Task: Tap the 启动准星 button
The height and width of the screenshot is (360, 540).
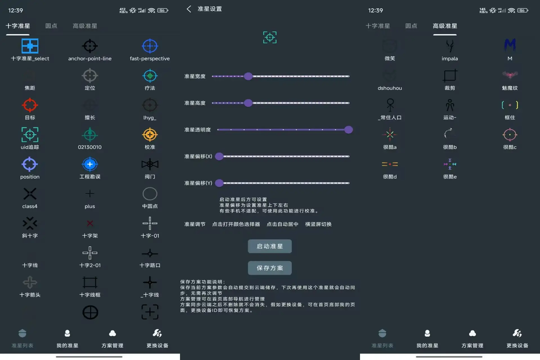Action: point(270,246)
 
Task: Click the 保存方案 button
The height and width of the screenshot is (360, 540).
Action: point(270,268)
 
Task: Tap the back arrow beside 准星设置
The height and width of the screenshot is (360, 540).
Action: point(189,9)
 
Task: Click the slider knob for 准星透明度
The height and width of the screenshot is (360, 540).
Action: point(348,130)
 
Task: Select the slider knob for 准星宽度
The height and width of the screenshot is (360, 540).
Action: point(248,76)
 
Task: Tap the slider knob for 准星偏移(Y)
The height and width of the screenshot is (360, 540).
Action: point(219,183)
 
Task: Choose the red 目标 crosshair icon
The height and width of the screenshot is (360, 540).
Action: point(30,105)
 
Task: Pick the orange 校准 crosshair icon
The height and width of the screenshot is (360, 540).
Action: point(150,135)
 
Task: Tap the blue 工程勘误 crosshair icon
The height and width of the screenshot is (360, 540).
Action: point(90,164)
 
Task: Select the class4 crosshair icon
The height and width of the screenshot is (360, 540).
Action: point(30,194)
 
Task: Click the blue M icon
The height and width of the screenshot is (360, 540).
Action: point(510,45)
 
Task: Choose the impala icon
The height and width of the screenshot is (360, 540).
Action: point(450,46)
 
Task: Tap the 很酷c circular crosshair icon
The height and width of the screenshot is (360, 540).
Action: point(510,135)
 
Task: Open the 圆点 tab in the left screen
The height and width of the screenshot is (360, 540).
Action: point(51,26)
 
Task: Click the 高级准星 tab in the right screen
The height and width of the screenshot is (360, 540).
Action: point(445,26)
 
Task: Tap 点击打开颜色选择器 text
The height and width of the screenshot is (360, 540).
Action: point(236,224)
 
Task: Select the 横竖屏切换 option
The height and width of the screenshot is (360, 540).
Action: point(318,224)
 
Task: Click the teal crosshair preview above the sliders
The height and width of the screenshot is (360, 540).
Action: point(270,37)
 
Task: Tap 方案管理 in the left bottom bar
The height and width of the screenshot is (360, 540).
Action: point(112,339)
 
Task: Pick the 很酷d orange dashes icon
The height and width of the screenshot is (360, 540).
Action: point(390,164)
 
